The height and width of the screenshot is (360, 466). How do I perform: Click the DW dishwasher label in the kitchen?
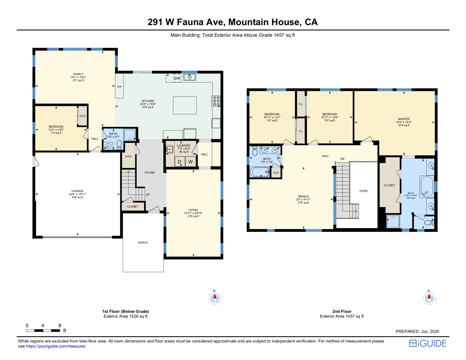[x=177, y=78]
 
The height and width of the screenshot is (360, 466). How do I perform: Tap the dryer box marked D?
[x=180, y=162]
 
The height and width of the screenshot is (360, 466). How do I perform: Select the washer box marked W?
[x=191, y=162]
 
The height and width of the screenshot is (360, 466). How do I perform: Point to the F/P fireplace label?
[x=119, y=87]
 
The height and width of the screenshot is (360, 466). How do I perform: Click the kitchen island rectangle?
[x=185, y=105]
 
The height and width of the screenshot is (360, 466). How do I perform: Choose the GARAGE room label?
[x=77, y=191]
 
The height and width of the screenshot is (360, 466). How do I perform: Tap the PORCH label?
[x=143, y=243]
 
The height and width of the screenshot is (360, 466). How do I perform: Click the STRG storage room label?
[x=129, y=156]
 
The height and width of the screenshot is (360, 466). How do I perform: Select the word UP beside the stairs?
[x=147, y=195]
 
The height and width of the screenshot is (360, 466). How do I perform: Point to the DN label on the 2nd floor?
[x=342, y=159]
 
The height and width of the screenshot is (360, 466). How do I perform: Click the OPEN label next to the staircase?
[x=363, y=191]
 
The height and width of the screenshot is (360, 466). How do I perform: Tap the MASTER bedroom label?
[x=404, y=119]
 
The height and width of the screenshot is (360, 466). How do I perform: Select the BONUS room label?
[x=303, y=197]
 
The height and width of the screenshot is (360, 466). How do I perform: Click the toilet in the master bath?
[x=429, y=222]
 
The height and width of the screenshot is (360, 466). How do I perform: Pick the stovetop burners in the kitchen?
[x=216, y=101]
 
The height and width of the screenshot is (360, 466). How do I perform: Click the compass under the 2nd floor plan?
[x=429, y=298]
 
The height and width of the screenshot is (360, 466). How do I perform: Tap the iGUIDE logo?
[x=428, y=343]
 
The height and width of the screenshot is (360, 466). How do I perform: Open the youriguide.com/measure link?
[x=56, y=346]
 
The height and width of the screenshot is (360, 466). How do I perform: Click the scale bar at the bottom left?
[x=43, y=330]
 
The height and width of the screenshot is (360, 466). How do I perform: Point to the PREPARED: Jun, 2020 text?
[x=417, y=331]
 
